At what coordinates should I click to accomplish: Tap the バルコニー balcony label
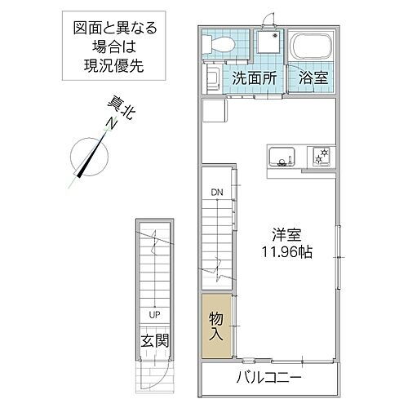pos(269,378)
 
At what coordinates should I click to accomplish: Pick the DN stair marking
pos(217,192)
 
